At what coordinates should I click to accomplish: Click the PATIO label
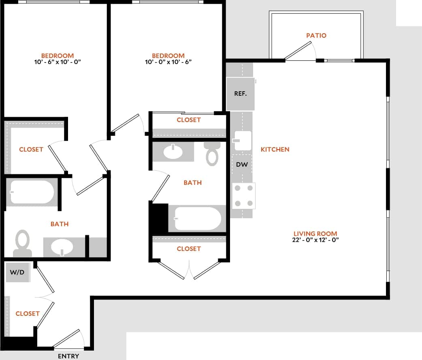point(316,35)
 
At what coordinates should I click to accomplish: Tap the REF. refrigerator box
point(241,94)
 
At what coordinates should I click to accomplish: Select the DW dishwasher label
point(242,165)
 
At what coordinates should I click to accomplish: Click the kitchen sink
point(242,140)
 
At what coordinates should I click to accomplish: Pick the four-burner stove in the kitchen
point(243,196)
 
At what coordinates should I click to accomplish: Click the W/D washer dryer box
point(17,273)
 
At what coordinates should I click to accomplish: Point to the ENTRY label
point(68,356)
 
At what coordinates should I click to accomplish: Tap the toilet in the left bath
point(22,243)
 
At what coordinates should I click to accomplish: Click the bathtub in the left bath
point(32,192)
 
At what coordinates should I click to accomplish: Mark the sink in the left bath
point(62,246)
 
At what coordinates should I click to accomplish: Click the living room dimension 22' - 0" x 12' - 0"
point(315,240)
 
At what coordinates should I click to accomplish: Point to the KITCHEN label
point(275,149)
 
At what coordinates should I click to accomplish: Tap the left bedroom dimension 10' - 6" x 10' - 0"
point(58,62)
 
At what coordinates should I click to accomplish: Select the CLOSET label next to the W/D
point(28,313)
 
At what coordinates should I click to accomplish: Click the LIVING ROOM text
point(315,234)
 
